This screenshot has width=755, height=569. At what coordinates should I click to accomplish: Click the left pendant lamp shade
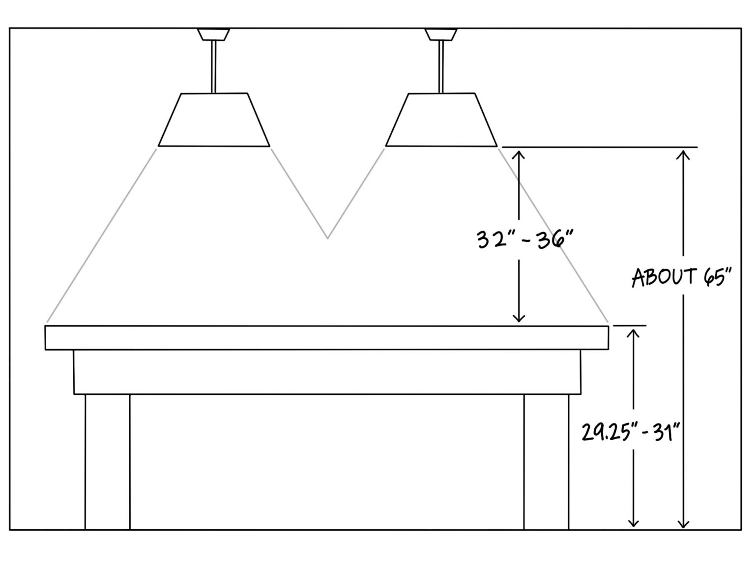pos(214,120)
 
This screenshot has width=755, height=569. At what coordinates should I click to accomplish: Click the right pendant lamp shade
pos(441,120)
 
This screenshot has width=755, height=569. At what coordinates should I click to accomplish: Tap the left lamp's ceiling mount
pos(213,34)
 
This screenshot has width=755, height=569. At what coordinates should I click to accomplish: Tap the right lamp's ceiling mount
pos(440,34)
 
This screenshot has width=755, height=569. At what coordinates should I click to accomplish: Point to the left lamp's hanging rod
pos(214,67)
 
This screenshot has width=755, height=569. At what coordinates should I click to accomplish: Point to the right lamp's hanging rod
pos(441,67)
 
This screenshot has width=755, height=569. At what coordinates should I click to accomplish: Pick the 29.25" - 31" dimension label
pos(632,432)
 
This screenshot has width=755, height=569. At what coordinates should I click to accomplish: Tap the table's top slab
pos(327,337)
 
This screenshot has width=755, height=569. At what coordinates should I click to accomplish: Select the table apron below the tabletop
pos(327,372)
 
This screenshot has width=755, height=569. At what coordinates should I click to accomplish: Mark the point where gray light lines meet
pos(327,238)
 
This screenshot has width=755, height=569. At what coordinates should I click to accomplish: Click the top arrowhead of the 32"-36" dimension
pos(519,154)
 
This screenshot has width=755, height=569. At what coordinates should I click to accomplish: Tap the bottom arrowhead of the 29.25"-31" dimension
pos(633,523)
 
